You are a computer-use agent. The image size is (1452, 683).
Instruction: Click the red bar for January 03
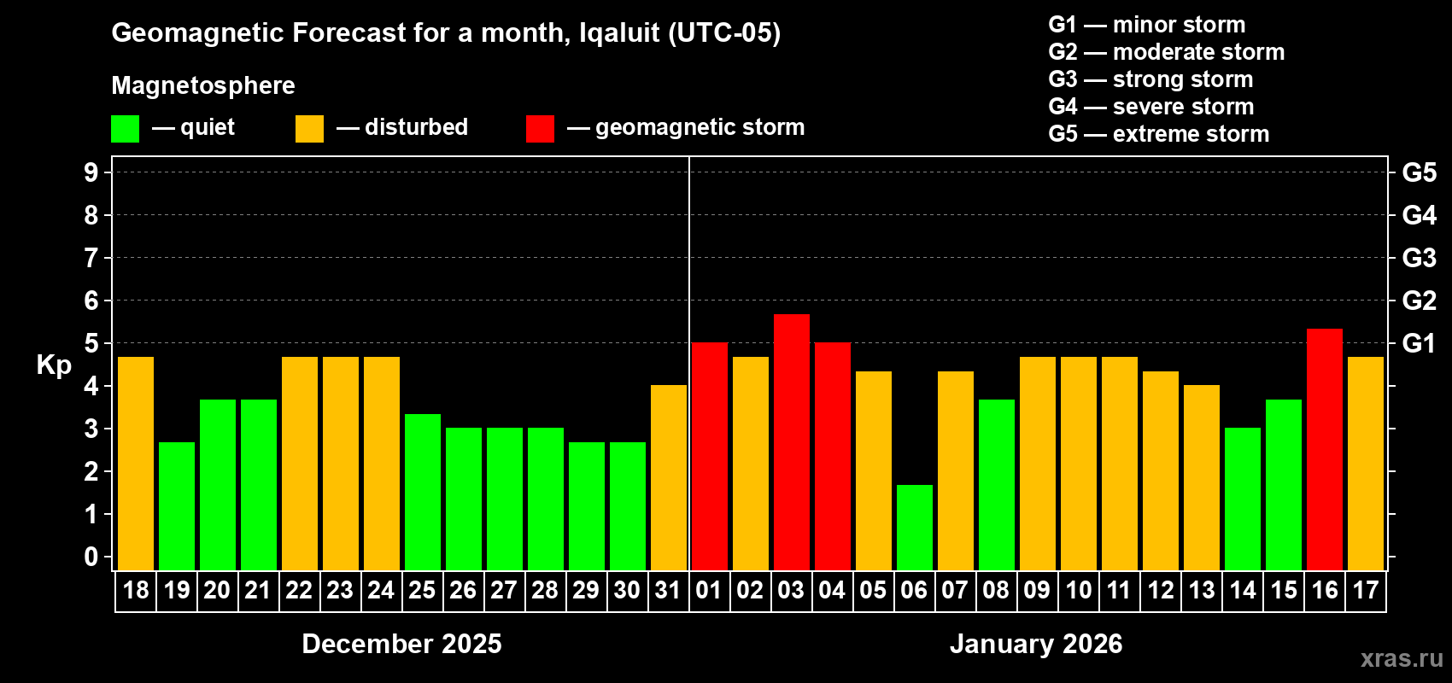(791, 441)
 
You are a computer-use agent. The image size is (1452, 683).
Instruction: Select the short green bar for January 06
(914, 527)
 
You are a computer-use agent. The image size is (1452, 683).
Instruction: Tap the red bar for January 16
(1324, 449)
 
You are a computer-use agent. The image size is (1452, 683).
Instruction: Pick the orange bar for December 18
(136, 463)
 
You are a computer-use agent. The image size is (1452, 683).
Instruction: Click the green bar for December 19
(177, 505)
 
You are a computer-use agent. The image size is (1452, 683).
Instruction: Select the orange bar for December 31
(668, 477)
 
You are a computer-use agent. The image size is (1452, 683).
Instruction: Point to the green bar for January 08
(996, 484)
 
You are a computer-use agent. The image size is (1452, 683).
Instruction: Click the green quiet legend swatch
(125, 129)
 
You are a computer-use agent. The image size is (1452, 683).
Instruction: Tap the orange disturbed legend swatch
(309, 129)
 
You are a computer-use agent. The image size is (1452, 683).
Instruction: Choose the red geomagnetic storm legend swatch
(540, 129)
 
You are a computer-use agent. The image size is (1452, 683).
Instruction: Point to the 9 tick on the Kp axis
(91, 172)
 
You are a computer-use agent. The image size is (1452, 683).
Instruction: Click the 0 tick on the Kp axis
(91, 557)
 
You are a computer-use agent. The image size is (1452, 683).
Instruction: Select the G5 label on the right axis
(1419, 172)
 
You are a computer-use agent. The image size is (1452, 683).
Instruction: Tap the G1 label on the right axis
(1419, 343)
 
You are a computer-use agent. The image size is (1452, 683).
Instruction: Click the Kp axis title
(54, 365)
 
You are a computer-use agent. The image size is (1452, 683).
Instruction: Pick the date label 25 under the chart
(422, 590)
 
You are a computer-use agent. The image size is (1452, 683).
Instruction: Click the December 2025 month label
(401, 644)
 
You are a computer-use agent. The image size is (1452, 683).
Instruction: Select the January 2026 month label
(1035, 644)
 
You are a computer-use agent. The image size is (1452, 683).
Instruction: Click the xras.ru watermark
(1401, 658)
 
